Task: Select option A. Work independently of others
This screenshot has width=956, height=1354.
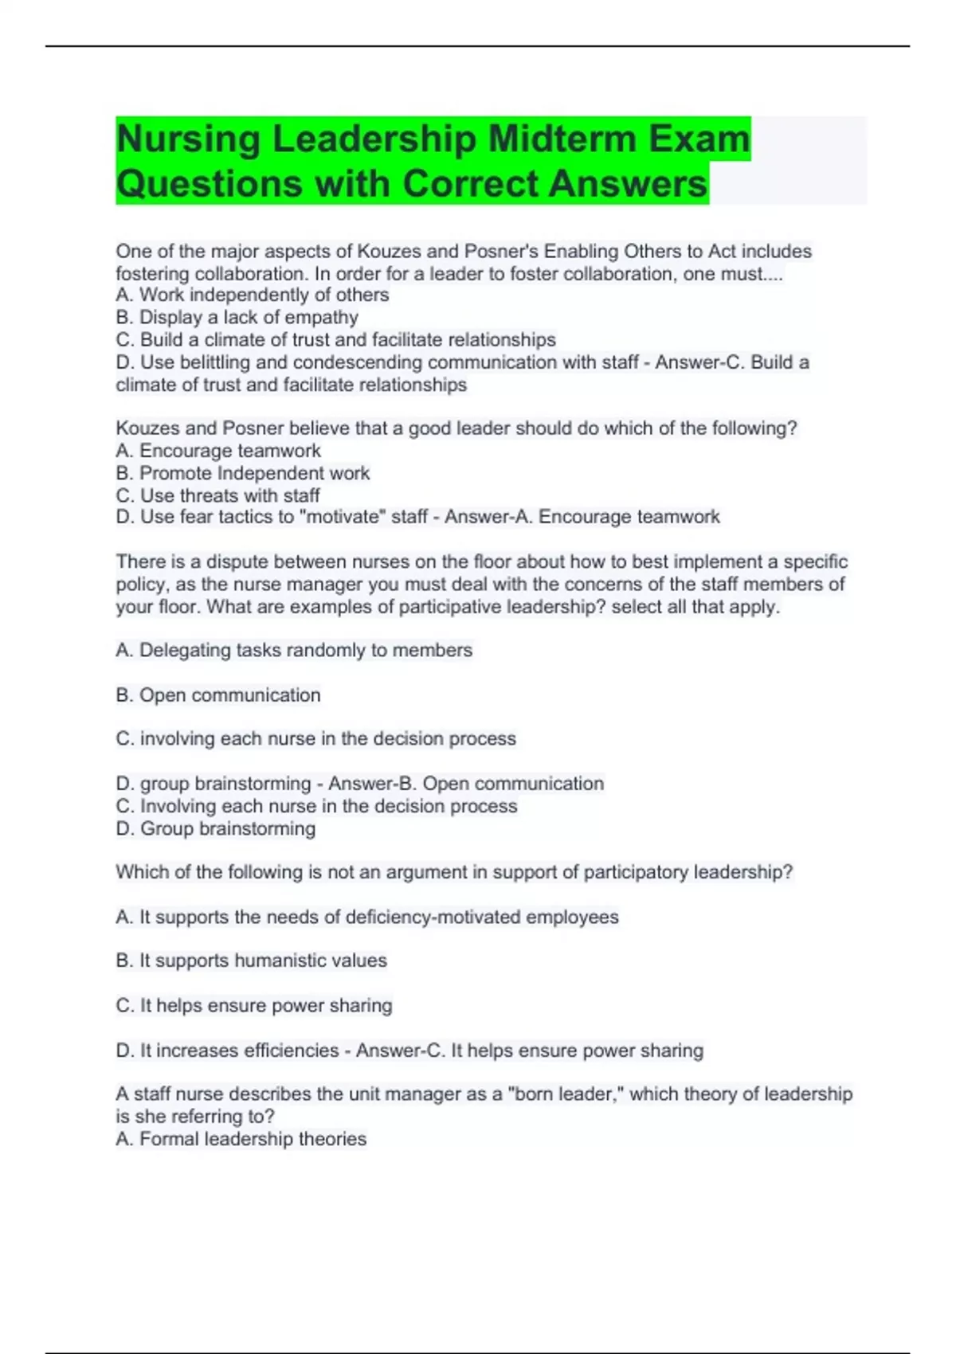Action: pyautogui.click(x=252, y=295)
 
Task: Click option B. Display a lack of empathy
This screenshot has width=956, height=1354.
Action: pyautogui.click(x=237, y=317)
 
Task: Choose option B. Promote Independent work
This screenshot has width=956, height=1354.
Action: pyautogui.click(x=242, y=473)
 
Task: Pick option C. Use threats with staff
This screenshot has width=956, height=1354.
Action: pyautogui.click(x=217, y=495)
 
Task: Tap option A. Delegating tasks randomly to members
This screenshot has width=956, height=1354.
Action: pyautogui.click(x=293, y=650)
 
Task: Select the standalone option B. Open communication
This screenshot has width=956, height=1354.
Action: pyautogui.click(x=217, y=695)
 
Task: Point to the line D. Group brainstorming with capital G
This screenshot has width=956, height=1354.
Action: pyautogui.click(x=215, y=828)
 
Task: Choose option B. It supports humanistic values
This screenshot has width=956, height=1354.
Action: pyautogui.click(x=251, y=961)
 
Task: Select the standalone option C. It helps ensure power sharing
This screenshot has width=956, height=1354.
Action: pyautogui.click(x=253, y=1005)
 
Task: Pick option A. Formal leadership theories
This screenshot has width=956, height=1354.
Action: pyautogui.click(x=241, y=1139)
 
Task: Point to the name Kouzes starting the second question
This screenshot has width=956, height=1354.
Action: pyautogui.click(x=148, y=429)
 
